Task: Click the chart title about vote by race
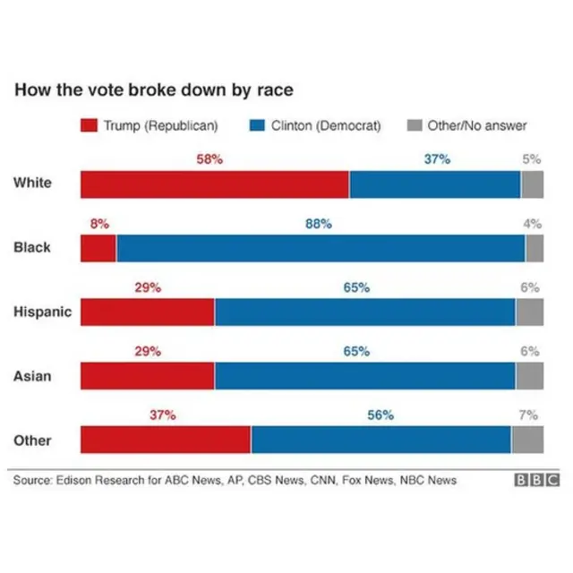[x=153, y=90]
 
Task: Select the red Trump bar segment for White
[x=215, y=184]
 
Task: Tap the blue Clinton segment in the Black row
[x=320, y=248]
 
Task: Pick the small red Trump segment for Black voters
[x=98, y=248]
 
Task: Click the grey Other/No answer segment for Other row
[x=527, y=440]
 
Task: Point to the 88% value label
[x=319, y=224]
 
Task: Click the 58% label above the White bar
[x=210, y=159]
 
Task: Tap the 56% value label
[x=381, y=415]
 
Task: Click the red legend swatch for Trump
[x=90, y=126]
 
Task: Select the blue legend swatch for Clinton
[x=256, y=126]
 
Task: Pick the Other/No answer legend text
[x=477, y=126]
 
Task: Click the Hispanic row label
[x=42, y=312]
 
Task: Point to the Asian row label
[x=32, y=376]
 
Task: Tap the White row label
[x=32, y=184]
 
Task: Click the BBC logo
[x=535, y=481]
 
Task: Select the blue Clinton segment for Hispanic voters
[x=364, y=312]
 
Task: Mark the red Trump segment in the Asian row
[x=148, y=376]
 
